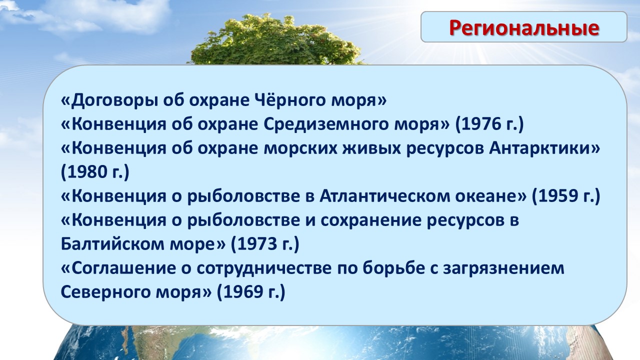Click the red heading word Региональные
point(524,28)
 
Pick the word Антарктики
point(539,148)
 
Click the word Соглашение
point(123,268)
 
